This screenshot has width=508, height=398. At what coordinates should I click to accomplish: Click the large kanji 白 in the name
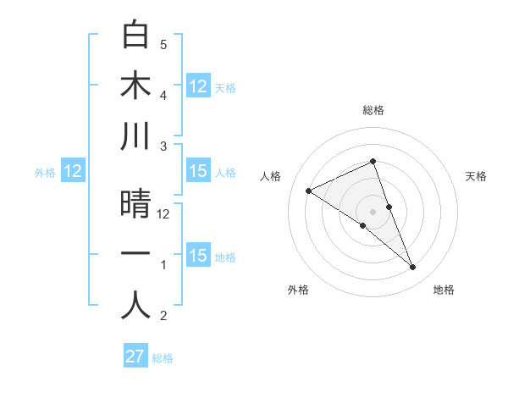[x=135, y=35]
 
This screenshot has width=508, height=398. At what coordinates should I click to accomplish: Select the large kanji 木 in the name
[x=135, y=86]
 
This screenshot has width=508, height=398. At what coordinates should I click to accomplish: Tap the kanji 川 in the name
[x=135, y=138]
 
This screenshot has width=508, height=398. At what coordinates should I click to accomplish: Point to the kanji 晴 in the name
[x=135, y=204]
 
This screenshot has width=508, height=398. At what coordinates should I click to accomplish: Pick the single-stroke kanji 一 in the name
[x=135, y=255]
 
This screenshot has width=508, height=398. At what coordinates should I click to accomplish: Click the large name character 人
[x=135, y=306]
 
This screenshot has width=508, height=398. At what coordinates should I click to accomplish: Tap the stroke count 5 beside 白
[x=163, y=44]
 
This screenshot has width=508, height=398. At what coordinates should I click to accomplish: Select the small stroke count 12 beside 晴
[x=164, y=214]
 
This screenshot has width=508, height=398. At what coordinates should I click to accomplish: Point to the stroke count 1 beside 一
[x=163, y=265]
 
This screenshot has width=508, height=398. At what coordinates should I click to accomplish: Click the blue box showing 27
[x=135, y=357]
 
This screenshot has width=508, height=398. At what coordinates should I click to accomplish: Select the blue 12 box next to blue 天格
[x=198, y=86]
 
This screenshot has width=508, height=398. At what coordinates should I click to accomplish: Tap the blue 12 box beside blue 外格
[x=73, y=172]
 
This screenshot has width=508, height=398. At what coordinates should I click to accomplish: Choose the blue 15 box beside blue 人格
[x=198, y=172]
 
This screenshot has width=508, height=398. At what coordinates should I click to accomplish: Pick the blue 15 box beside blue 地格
[x=198, y=256]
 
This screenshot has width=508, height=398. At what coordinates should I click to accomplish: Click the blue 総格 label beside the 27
[x=163, y=358]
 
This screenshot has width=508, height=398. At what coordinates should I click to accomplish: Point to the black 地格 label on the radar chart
[x=444, y=290]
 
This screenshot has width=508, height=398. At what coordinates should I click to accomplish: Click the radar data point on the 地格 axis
[x=413, y=268]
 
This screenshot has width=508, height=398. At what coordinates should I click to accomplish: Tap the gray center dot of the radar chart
[x=373, y=211]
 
